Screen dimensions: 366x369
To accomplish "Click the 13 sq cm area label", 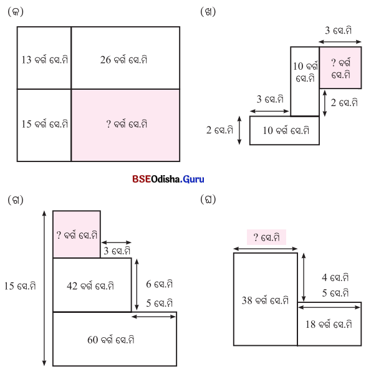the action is click(x=45, y=60).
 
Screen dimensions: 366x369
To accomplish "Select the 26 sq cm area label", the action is click(x=124, y=60).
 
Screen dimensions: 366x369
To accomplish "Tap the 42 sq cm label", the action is click(x=90, y=286).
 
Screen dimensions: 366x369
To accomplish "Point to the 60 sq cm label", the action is click(x=111, y=340).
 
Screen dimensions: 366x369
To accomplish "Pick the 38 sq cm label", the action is click(x=265, y=300).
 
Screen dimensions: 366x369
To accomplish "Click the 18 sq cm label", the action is click(x=329, y=324).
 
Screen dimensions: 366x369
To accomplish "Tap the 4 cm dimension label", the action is click(x=335, y=277).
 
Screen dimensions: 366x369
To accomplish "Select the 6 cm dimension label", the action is click(x=160, y=284).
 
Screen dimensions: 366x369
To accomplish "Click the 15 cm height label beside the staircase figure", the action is click(x=20, y=286).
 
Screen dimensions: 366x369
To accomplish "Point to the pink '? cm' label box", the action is click(x=266, y=237).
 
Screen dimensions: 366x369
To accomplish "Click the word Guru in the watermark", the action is click(x=193, y=180).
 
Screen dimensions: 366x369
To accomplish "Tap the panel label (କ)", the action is click(x=16, y=11).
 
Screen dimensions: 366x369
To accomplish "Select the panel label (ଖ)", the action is click(x=208, y=11).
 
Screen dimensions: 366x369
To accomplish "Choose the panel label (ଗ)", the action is click(x=16, y=200).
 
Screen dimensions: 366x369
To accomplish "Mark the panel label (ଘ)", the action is click(x=208, y=199).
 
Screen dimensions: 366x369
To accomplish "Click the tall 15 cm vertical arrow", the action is click(x=44, y=288).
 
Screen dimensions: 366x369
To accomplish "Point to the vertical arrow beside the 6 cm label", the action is click(x=137, y=284).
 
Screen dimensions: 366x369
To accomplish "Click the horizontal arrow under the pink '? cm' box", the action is click(x=266, y=249).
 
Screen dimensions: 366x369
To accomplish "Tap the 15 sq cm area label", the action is click(x=45, y=124).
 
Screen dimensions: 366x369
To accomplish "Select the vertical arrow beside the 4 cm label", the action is click(x=304, y=277).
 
